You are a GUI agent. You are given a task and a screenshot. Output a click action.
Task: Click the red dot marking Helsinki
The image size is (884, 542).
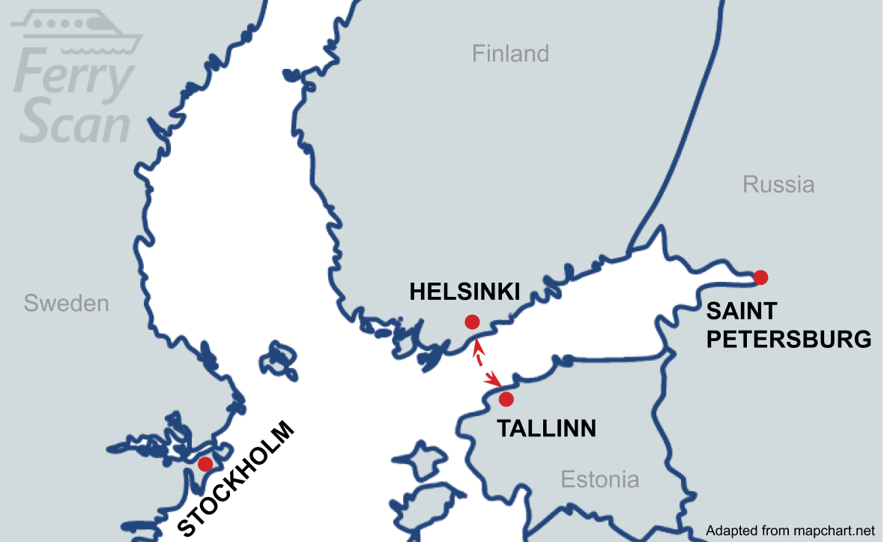pyautogui.click(x=472, y=322)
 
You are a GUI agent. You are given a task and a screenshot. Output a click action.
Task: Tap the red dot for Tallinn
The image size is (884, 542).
pyautogui.click(x=506, y=399)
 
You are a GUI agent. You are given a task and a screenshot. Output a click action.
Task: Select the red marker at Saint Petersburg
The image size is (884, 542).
pyautogui.click(x=760, y=277)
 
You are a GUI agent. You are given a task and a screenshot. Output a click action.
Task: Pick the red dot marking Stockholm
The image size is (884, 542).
pyautogui.click(x=205, y=464)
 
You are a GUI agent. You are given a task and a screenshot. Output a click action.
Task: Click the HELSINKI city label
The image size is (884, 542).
pyautogui.click(x=464, y=292)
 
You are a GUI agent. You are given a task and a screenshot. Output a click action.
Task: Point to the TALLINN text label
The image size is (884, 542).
pyautogui.click(x=547, y=429)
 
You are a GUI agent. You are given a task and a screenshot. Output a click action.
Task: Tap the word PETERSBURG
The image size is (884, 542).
pyautogui.click(x=789, y=340)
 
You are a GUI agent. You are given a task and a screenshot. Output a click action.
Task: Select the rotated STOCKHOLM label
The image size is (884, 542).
pyautogui.click(x=237, y=481)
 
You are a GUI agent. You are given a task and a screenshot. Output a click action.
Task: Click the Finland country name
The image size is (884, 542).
pyautogui.click(x=510, y=54)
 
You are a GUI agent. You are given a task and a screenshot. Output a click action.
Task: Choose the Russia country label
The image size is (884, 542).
pyautogui.click(x=778, y=184)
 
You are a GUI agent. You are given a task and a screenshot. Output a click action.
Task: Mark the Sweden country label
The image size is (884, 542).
pyautogui.click(x=66, y=304)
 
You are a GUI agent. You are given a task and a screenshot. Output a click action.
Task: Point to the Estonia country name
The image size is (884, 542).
pyautogui.click(x=600, y=479)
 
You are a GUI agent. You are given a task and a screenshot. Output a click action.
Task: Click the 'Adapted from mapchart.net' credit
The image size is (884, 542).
pyautogui.click(x=790, y=531)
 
